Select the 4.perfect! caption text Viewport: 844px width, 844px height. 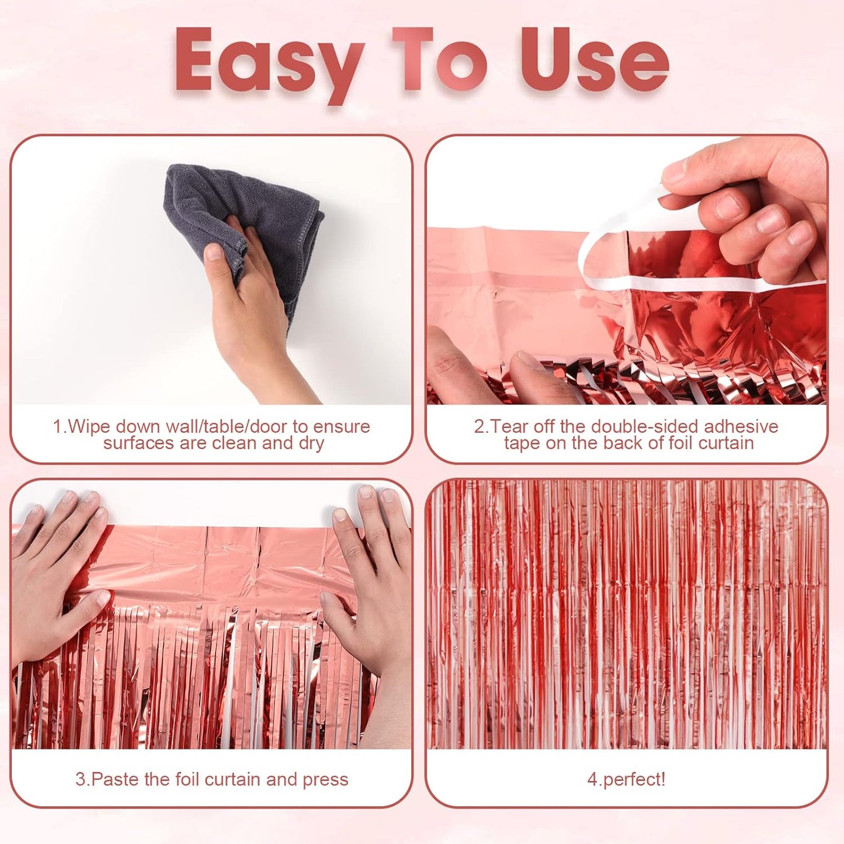click(x=626, y=779)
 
